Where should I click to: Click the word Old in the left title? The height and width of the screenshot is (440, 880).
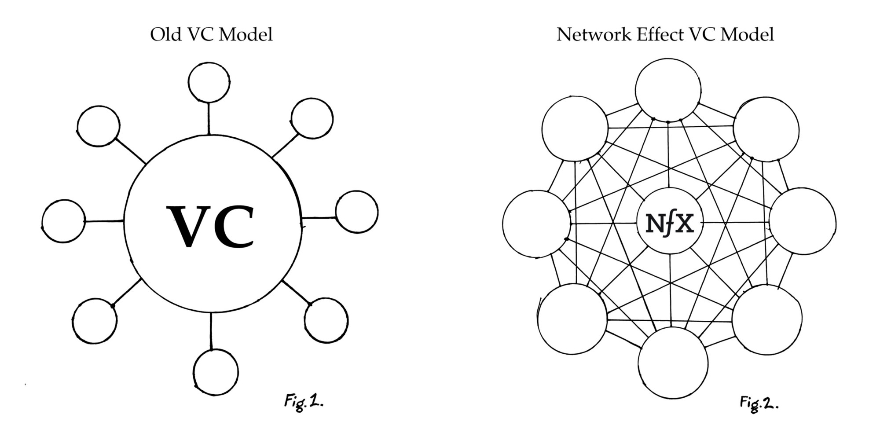click(x=165, y=34)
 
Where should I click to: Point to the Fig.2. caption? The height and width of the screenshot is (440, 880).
click(x=759, y=403)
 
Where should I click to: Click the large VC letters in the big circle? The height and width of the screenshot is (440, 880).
click(x=210, y=226)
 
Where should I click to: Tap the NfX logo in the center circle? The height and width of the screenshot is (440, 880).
click(x=670, y=224)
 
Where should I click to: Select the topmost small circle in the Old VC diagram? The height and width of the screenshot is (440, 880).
click(x=209, y=82)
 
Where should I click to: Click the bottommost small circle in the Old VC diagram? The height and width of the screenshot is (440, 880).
click(x=216, y=372)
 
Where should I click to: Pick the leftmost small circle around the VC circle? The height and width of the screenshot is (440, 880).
click(x=64, y=221)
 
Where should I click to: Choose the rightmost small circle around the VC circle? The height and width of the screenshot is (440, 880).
click(x=356, y=212)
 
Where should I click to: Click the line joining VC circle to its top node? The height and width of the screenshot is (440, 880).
click(x=209, y=118)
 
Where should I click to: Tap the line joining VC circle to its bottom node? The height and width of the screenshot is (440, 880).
click(x=211, y=331)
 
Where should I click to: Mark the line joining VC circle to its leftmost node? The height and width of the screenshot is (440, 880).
click(x=104, y=221)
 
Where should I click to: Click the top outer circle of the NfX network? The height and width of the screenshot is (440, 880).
click(x=668, y=90)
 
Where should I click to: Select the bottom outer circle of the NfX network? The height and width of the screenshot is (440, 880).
click(x=673, y=363)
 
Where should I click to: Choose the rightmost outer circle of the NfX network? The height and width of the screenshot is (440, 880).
click(x=803, y=221)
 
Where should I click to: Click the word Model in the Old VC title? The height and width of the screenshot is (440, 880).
click(x=246, y=34)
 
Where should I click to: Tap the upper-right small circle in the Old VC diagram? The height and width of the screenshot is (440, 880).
click(x=312, y=118)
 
